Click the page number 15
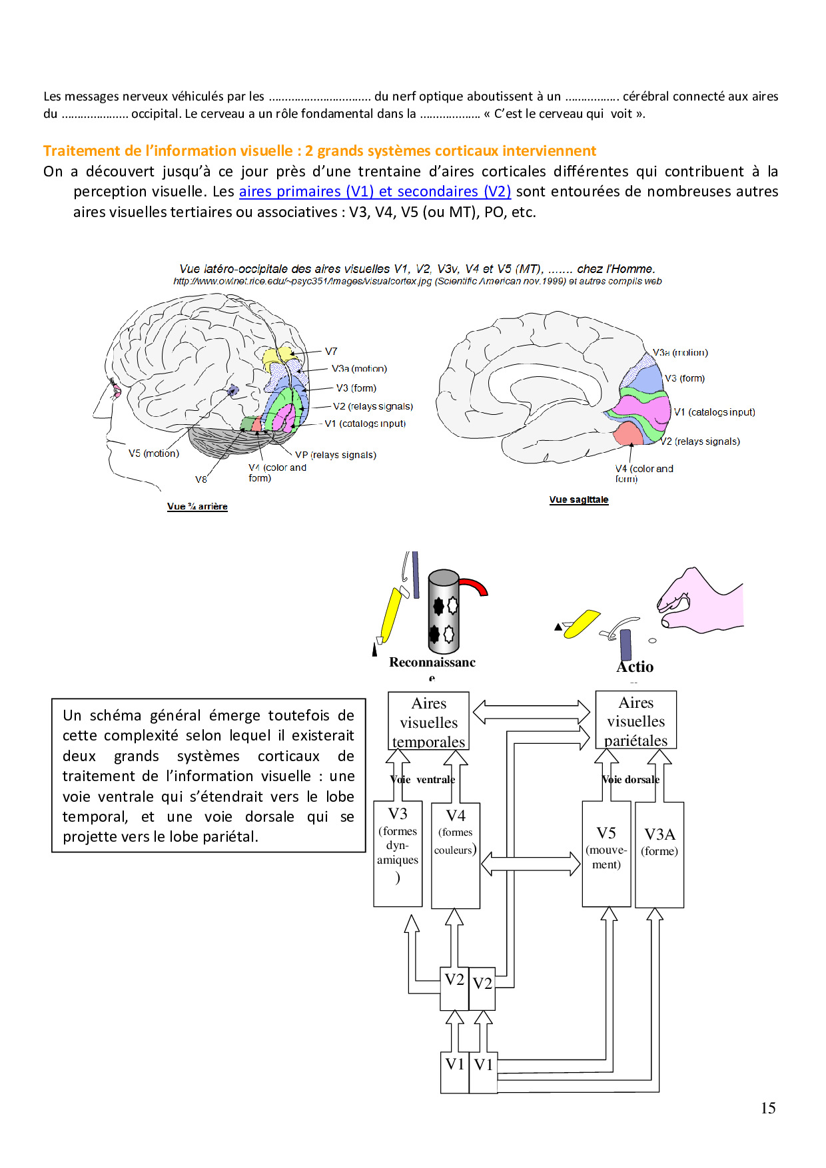768,1108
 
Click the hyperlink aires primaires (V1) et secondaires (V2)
374,192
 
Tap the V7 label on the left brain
331,352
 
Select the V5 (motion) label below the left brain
154,453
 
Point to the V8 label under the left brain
201,479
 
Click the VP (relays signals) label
336,455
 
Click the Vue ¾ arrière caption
197,507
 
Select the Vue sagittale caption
579,500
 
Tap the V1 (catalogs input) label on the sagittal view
714,412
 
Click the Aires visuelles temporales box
429,722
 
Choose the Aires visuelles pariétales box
636,721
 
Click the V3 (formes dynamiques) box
398,854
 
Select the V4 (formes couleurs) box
456,855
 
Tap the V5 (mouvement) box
606,854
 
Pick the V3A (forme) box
659,854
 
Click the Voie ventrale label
423,780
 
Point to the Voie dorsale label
631,780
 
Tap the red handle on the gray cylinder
475,586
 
